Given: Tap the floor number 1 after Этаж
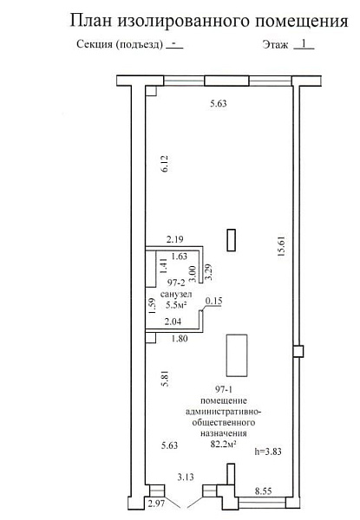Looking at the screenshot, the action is pos(304,43).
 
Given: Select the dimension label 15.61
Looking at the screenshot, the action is pos(281,247).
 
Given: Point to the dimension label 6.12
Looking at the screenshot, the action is pos(165,163).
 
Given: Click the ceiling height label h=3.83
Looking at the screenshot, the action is pos(268,451).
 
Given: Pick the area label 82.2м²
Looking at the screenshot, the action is pos(223,444).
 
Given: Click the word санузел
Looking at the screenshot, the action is pos(176,294).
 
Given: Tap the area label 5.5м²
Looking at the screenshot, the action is pos(176,305).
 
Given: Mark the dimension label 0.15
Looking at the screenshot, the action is pos(214,301).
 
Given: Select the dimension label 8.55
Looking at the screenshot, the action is pos(263,491).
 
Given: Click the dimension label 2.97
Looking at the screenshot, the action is pos(156,504).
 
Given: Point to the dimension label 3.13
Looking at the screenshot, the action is pos(186,478).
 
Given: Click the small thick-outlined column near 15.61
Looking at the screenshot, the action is pos(232,240).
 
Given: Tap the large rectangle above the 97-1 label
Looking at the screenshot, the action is pos(237,355).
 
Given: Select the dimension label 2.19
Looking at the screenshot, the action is pos(175,239).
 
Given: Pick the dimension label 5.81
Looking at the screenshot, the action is pos(165,379).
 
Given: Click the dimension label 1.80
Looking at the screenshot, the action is pos(180,339).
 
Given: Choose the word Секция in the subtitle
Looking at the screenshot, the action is pos(95,44).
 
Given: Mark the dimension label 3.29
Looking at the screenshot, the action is pos(209,272).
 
